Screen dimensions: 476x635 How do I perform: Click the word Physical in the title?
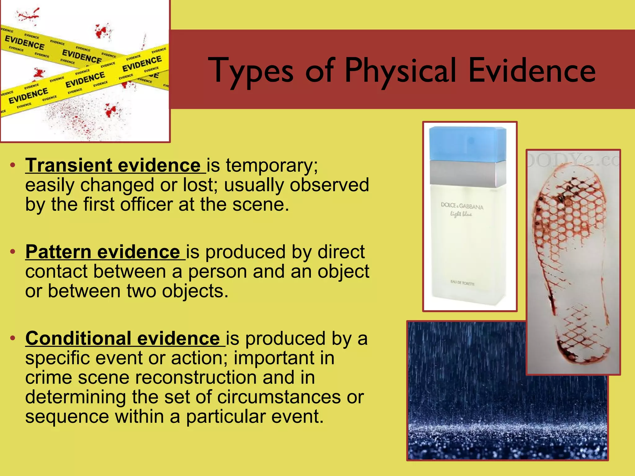click(400, 71)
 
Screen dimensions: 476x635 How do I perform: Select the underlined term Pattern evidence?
click(103, 252)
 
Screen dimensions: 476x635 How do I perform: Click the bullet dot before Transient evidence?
click(12, 165)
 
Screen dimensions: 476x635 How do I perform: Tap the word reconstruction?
click(196, 377)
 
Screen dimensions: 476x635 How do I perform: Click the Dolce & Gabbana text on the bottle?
click(462, 206)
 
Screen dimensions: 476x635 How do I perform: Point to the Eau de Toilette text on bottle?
click(462, 283)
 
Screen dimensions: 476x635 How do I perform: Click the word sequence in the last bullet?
click(67, 416)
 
